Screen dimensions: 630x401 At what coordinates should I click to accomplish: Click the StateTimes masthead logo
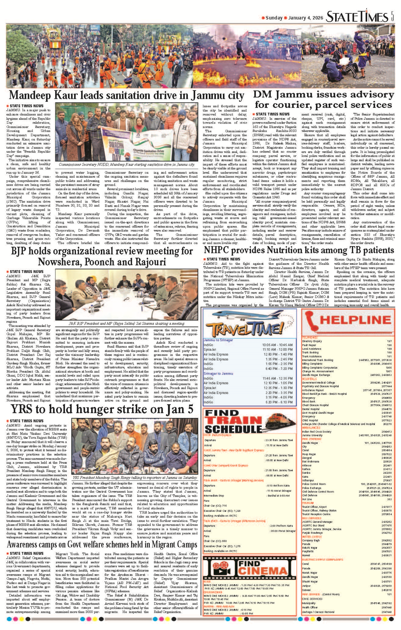coord(357,17)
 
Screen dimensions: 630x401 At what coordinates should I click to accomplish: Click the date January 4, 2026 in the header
coord(305,18)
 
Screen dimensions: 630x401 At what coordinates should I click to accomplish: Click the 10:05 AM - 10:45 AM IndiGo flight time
coord(277,345)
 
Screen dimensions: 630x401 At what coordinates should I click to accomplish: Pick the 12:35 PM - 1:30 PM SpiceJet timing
coord(277,388)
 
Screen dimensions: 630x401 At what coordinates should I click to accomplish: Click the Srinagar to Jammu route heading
coord(218,374)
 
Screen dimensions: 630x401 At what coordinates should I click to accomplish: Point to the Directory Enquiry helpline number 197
coord(389,341)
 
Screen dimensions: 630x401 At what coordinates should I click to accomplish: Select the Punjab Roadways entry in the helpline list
coord(312,533)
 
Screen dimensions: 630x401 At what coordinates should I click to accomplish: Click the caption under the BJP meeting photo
coord(127,324)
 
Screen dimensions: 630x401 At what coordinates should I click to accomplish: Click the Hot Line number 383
coord(389,499)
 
